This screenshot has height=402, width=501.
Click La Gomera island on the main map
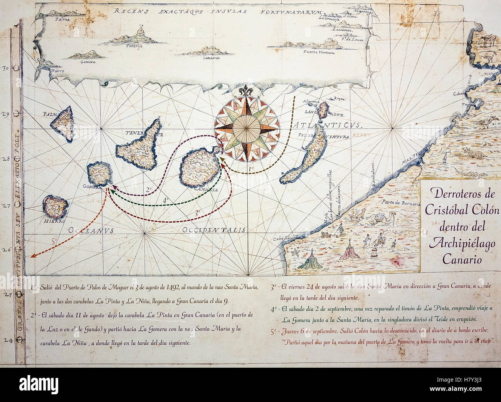coord(99,174)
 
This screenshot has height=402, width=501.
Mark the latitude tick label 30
coord(6,69)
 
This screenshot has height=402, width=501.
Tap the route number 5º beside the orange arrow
coord(54,242)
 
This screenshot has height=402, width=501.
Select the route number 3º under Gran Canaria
coord(197,212)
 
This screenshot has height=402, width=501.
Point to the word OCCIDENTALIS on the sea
coord(214,230)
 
